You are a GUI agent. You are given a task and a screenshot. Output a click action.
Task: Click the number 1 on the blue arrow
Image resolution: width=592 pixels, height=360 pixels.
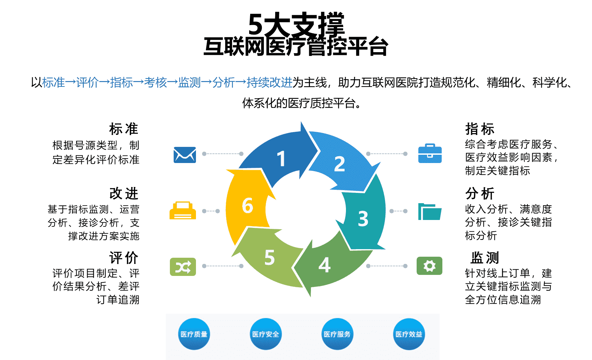(281, 159)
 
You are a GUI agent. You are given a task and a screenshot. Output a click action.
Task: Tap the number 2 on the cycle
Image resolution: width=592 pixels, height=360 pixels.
(339, 164)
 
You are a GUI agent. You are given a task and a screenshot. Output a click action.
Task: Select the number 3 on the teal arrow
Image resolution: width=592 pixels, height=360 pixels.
(363, 219)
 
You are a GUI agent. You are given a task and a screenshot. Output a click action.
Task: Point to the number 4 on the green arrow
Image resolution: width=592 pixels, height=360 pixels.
(324, 265)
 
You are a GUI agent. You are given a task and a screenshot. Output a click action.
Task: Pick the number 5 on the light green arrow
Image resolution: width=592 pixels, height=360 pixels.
(270, 257)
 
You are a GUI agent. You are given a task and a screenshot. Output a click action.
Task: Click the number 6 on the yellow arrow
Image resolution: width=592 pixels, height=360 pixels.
(247, 206)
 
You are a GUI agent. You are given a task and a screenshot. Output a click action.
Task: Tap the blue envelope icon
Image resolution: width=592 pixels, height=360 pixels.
(185, 154)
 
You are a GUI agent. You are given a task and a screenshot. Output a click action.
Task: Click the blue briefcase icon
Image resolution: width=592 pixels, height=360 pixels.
(430, 153)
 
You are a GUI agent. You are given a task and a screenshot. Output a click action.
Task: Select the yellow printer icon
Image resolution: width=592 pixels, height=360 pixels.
(183, 211)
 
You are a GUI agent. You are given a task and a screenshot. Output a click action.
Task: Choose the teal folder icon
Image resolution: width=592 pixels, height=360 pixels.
(429, 212)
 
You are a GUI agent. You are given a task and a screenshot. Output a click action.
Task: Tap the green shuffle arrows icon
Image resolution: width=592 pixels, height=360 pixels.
(183, 267)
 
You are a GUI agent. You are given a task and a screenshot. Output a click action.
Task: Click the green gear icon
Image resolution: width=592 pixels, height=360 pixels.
(429, 266)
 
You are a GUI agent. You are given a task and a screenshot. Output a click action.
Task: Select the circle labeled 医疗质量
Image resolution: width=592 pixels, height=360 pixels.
(194, 334)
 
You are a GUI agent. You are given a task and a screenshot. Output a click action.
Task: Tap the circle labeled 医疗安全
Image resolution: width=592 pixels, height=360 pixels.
(266, 334)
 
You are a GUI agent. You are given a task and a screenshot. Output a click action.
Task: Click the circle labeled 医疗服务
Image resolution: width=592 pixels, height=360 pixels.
(337, 334)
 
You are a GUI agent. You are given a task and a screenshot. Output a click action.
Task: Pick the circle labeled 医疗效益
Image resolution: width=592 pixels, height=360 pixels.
(409, 334)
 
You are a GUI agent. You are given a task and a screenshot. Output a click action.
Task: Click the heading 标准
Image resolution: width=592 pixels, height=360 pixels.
(124, 129)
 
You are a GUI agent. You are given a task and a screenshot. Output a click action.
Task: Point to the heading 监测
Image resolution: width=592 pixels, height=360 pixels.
(485, 257)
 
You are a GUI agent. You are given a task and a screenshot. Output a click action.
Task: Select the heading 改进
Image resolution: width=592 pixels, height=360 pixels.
(124, 194)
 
